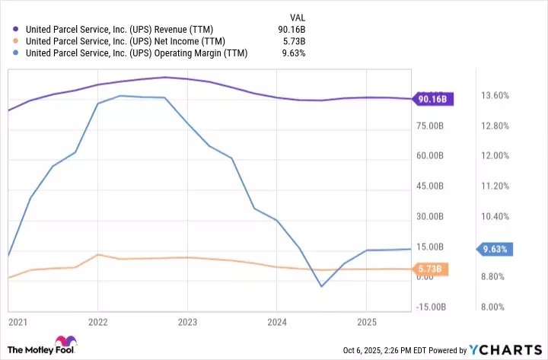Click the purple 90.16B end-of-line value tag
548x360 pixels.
pos(432,98)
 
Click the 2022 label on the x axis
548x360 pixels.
pos(98,321)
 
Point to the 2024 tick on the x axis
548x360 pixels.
pos(278,321)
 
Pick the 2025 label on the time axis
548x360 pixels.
pos(368,321)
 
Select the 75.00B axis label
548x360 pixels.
pos(432,126)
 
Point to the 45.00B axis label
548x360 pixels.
pos(432,186)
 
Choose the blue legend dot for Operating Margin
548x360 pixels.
pos(15,53)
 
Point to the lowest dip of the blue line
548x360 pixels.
pos(322,286)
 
